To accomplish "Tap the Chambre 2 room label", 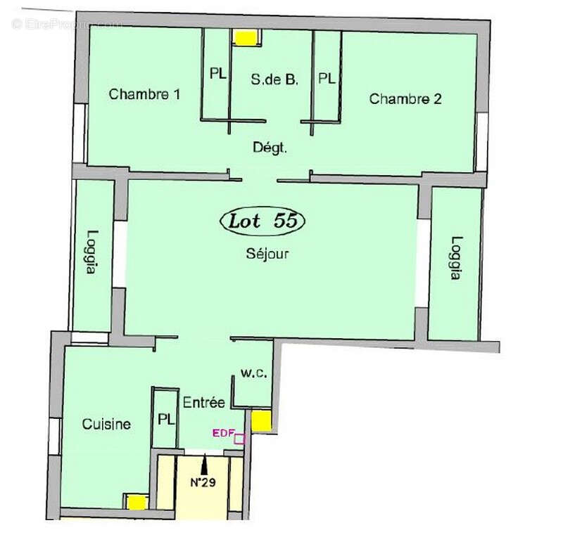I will click(x=405, y=99).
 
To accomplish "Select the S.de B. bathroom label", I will click(x=274, y=80).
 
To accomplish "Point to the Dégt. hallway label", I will click(x=270, y=148).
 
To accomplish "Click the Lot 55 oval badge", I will click(x=264, y=221).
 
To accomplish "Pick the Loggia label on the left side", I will click(x=93, y=254).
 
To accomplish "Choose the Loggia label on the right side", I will click(x=456, y=257).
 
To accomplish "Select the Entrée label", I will click(x=204, y=403).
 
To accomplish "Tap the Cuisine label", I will click(x=106, y=424).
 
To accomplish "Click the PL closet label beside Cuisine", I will click(x=165, y=420).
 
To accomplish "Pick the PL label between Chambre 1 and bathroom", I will click(x=218, y=74).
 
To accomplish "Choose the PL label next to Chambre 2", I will click(x=327, y=78).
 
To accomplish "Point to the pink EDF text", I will click(x=222, y=433).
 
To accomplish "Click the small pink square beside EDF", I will click(x=239, y=439).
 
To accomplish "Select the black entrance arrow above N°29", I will click(x=205, y=465).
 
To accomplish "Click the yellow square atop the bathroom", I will click(x=246, y=38).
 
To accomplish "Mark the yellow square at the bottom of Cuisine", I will click(x=136, y=502).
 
